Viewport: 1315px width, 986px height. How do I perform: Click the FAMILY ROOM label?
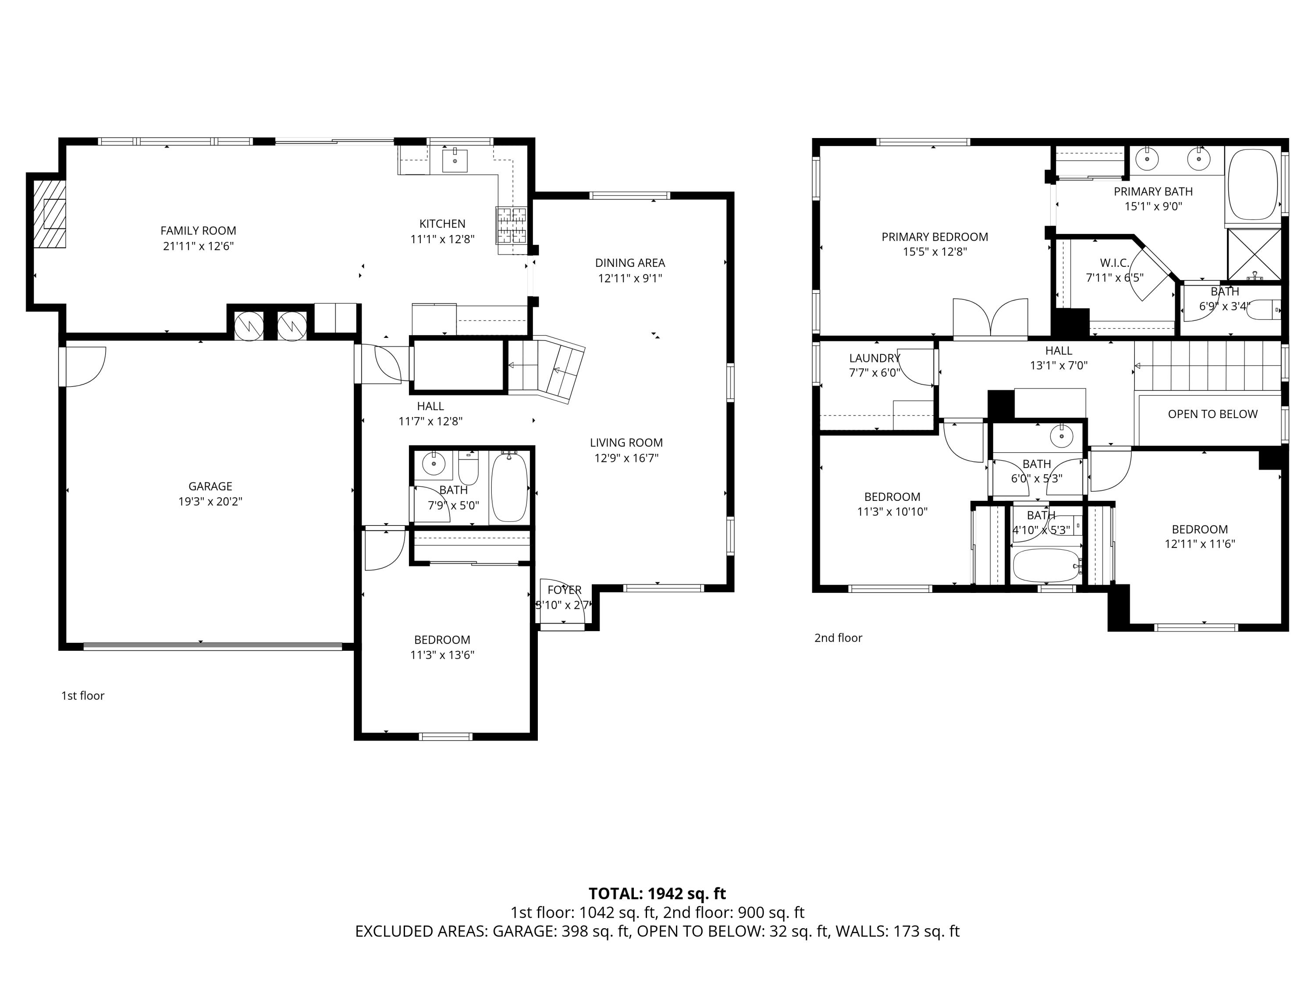[198, 231]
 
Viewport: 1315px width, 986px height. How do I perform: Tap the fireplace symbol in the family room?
[50, 214]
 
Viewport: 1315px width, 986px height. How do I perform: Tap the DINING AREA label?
[629, 262]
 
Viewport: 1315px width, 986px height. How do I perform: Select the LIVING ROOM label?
[626, 443]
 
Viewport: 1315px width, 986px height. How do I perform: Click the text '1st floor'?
[83, 695]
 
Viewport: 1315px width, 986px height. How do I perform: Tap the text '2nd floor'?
[838, 638]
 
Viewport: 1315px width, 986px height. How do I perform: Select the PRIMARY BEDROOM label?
[935, 237]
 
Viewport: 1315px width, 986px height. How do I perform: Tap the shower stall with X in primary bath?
[1254, 254]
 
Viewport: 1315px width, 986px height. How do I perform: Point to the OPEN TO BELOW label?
[1212, 414]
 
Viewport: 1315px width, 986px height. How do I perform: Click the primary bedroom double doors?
[990, 319]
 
